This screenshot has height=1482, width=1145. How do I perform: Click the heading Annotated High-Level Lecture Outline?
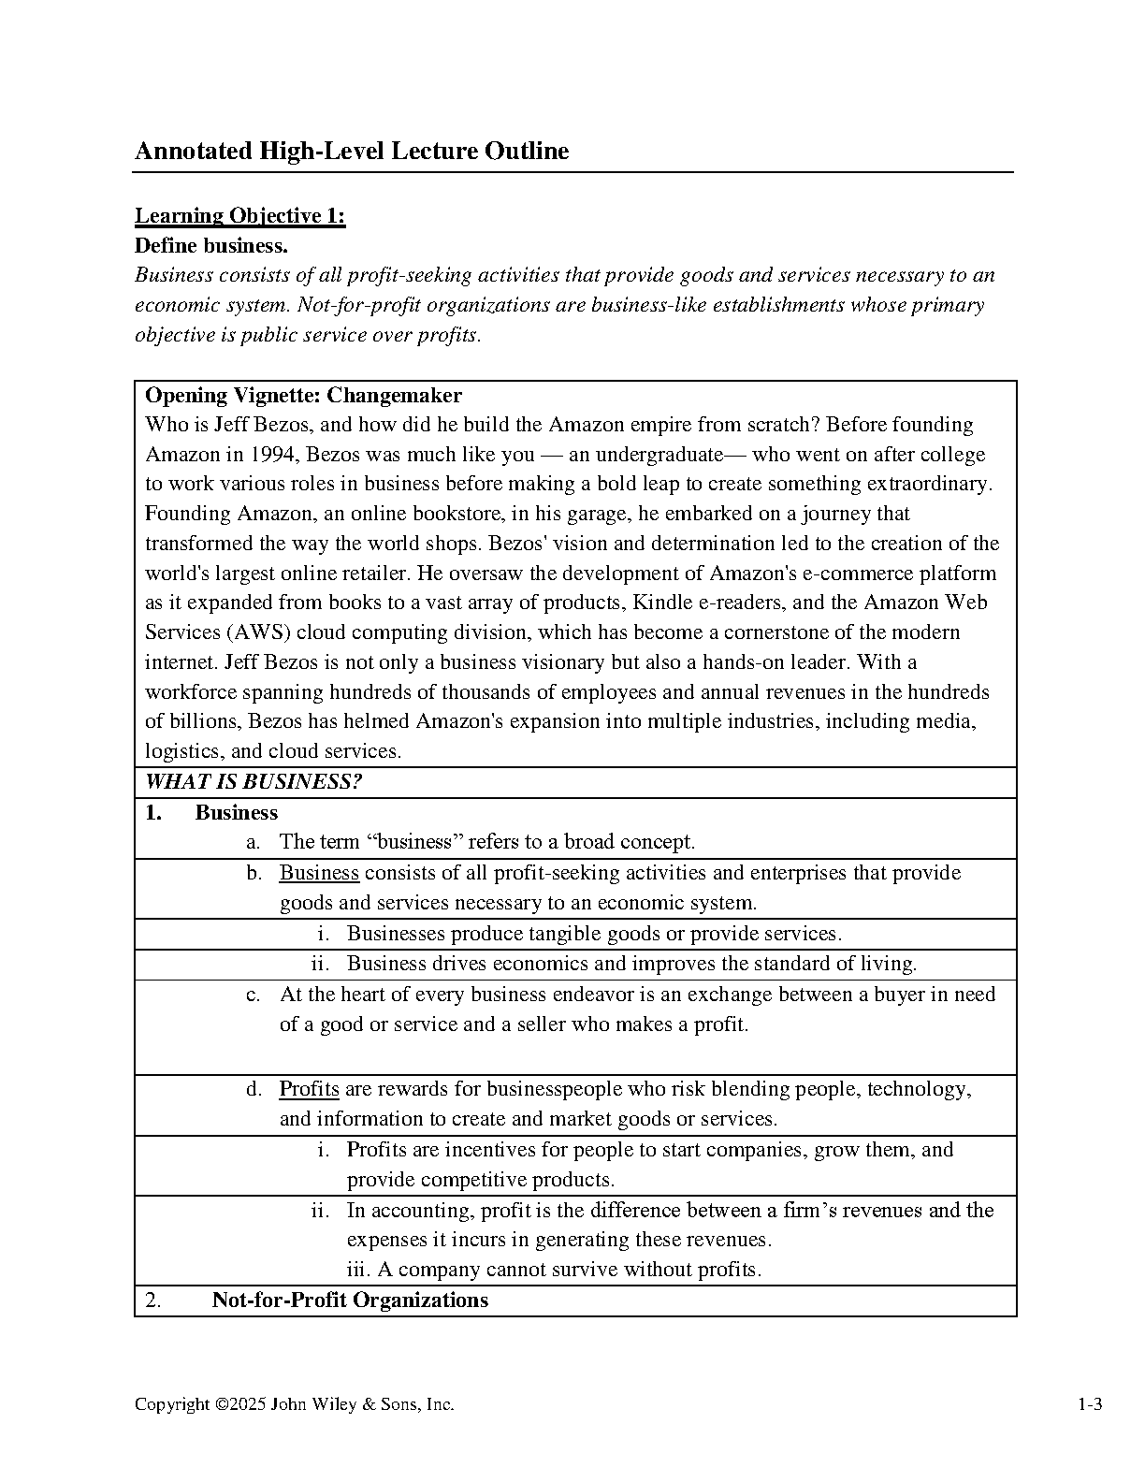click(352, 152)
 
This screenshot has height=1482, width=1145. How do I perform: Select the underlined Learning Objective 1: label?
click(240, 216)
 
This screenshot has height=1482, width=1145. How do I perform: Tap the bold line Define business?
click(211, 246)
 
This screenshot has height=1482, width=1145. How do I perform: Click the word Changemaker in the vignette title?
click(394, 395)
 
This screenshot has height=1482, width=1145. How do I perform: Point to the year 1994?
click(273, 455)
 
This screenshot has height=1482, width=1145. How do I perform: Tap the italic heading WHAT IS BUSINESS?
click(254, 782)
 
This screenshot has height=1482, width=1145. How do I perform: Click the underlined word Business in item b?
click(319, 873)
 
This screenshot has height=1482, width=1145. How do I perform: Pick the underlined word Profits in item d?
click(309, 1089)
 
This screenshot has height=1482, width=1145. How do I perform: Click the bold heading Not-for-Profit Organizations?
click(350, 1300)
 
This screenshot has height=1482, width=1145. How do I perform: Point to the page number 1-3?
click(1090, 1404)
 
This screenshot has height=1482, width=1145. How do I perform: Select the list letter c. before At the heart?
click(253, 995)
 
